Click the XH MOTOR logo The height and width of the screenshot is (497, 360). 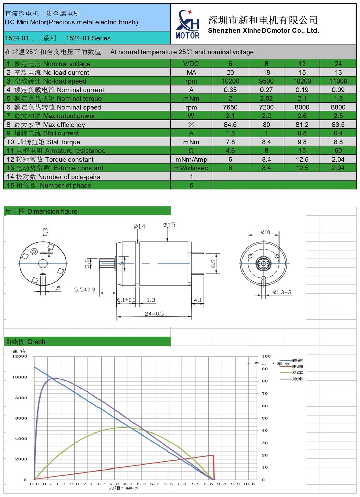point(187,24)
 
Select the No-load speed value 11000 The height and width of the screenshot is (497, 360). point(338,81)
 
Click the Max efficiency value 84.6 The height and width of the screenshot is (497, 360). point(230,125)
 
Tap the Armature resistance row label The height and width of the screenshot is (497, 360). point(56,151)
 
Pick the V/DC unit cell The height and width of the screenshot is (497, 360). point(191,64)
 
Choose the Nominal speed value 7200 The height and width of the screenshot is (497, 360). point(266,107)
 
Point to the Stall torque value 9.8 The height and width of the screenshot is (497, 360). point(302,142)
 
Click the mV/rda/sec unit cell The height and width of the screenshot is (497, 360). point(191,168)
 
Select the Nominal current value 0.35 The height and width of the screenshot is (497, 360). point(230,90)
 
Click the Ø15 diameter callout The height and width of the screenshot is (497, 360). point(169,225)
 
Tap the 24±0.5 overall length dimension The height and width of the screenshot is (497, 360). point(154,314)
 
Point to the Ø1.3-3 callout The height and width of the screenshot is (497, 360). point(282,292)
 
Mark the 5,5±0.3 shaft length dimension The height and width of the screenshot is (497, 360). point(85,290)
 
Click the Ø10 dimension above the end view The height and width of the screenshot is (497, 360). point(265,232)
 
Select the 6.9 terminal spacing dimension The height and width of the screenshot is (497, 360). point(213,263)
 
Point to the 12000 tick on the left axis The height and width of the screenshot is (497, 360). point(20,356)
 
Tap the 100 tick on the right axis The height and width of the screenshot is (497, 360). point(266,356)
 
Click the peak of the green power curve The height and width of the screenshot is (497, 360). point(124,427)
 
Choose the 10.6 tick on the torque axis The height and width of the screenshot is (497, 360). point(249,484)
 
